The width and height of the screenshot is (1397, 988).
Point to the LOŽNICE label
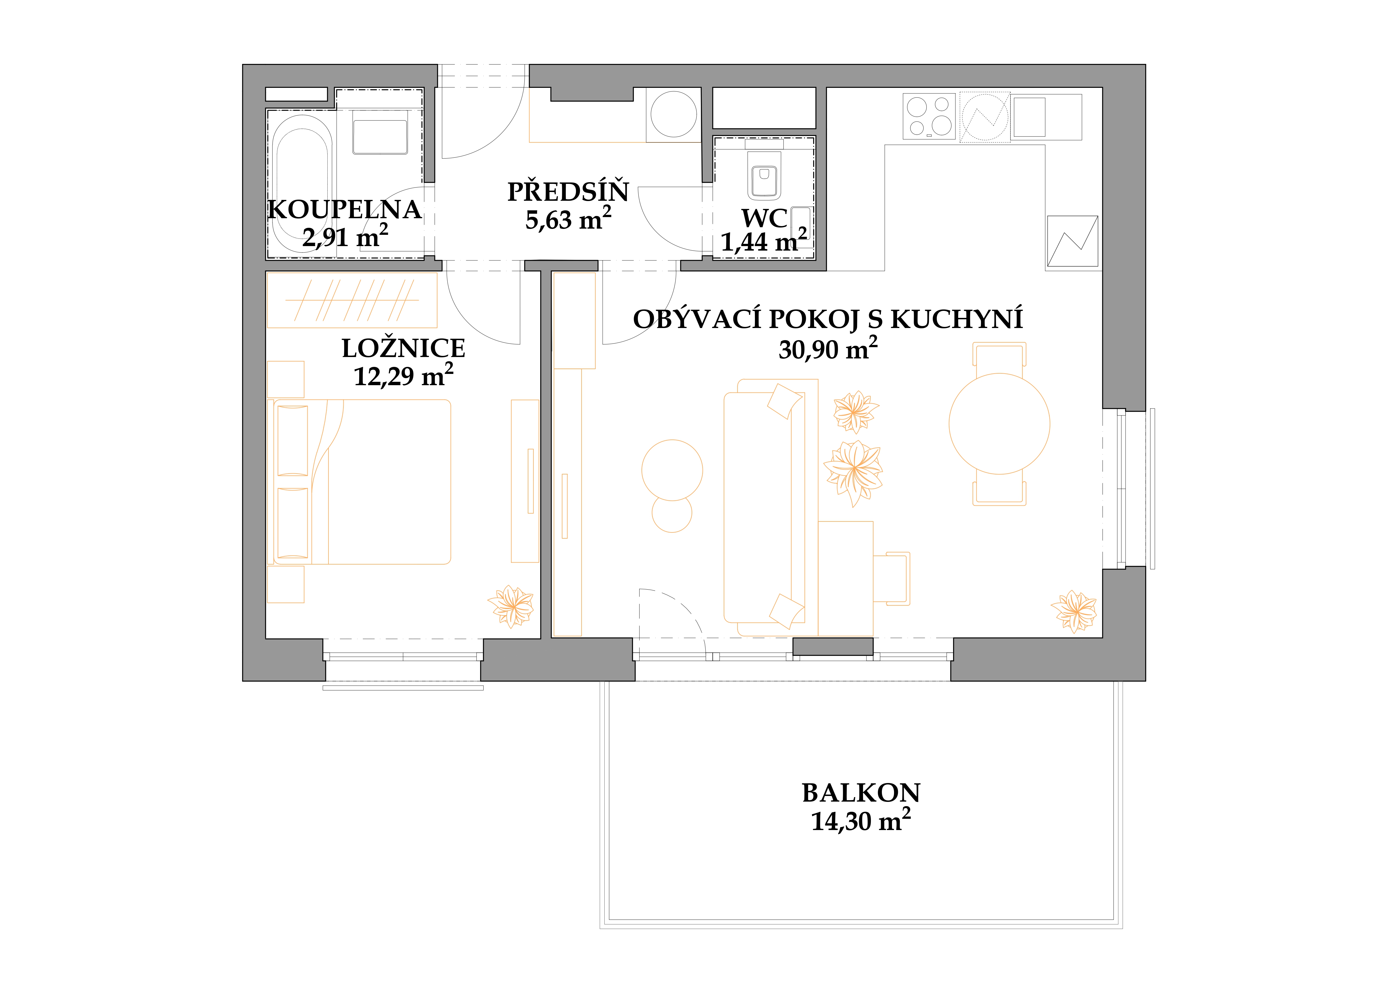(403, 348)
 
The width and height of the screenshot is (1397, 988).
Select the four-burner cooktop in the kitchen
(929, 116)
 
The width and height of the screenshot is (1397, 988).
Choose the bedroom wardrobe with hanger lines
(352, 300)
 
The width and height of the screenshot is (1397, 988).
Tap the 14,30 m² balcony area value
(860, 821)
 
